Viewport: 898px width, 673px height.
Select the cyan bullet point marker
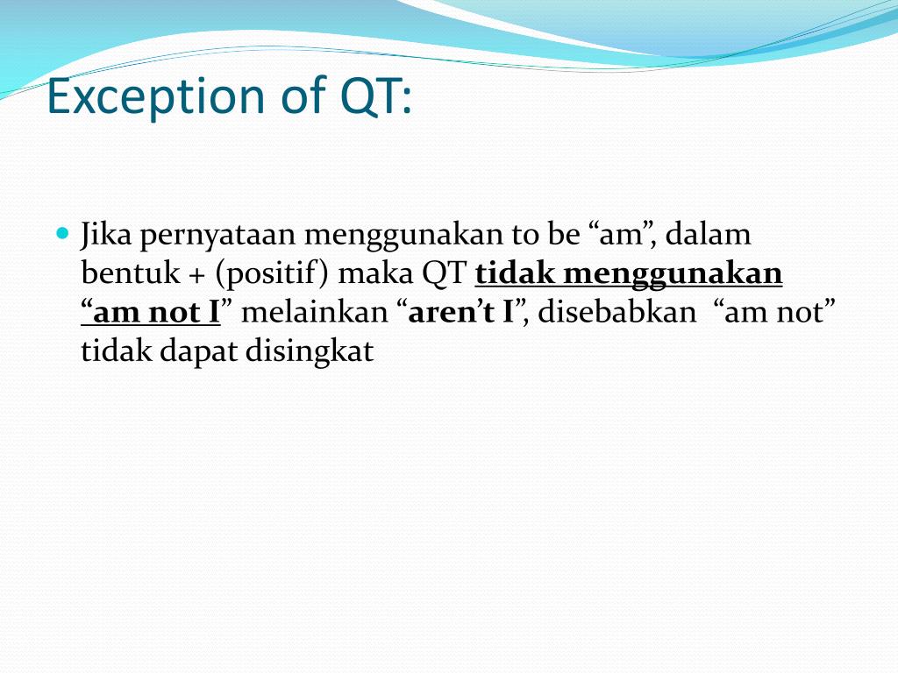(61, 234)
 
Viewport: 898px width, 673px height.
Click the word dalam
(709, 236)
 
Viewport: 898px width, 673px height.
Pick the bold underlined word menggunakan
(673, 274)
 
